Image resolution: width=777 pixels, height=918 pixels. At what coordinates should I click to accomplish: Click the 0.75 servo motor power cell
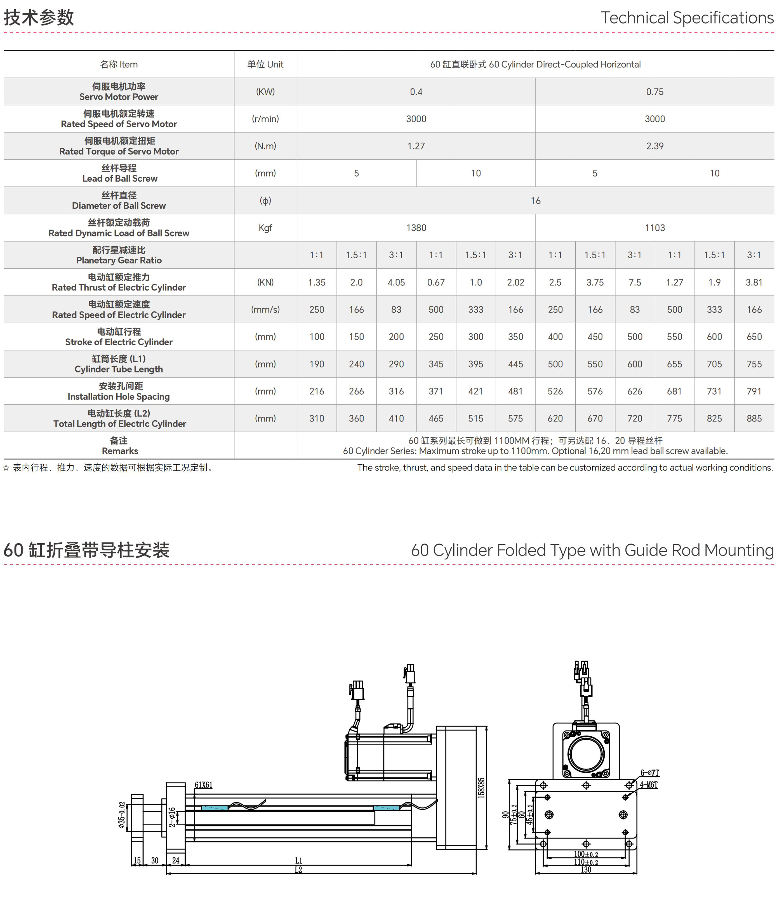coord(654,92)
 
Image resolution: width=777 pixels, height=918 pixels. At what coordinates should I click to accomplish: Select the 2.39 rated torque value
coord(654,146)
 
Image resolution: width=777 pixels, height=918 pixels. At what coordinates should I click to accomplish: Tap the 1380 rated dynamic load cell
coord(416,228)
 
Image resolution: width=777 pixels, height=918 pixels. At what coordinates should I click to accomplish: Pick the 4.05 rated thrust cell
coord(396,282)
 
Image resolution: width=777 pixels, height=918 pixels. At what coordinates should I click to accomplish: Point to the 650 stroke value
coord(754,337)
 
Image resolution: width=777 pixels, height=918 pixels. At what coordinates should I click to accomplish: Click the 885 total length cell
coord(754,418)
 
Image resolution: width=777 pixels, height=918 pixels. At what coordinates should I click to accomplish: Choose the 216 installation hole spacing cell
coord(317,391)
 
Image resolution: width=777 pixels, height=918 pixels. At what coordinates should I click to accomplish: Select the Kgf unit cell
coord(265,228)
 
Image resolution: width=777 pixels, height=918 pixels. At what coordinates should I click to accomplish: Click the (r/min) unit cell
coord(265,119)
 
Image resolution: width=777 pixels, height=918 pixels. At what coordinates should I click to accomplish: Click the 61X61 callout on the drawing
coord(204,785)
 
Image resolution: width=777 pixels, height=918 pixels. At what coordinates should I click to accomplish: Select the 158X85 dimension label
coord(481,788)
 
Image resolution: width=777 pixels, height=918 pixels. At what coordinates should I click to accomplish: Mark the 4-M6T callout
coord(649,784)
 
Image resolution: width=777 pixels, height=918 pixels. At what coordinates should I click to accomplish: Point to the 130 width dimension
coord(586,870)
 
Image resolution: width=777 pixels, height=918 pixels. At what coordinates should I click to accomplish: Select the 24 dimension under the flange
coord(176,860)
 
